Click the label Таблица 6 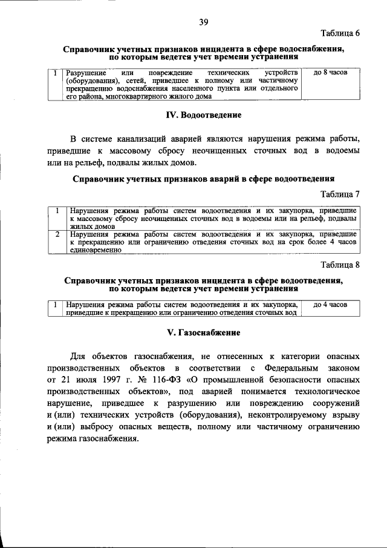click(x=340, y=33)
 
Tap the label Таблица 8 click(x=340, y=265)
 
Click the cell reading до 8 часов click(x=330, y=72)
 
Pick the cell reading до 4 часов click(x=330, y=305)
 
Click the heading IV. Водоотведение click(x=203, y=115)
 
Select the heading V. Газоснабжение click(x=203, y=333)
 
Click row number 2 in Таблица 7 click(x=56, y=233)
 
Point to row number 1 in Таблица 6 click(x=56, y=73)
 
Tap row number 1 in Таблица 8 click(x=56, y=305)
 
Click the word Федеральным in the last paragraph click(x=287, y=368)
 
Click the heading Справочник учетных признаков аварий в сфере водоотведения click(x=203, y=179)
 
